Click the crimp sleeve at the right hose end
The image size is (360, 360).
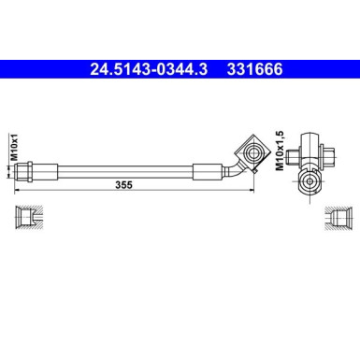click(x=208, y=170)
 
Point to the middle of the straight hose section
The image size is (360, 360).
click(x=122, y=170)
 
